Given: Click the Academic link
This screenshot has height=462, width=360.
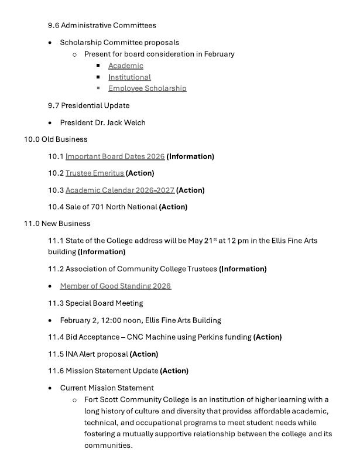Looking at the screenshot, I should [125, 66].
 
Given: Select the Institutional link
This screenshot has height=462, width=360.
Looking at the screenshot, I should [129, 77].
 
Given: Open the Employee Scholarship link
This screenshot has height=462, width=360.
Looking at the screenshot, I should [147, 88].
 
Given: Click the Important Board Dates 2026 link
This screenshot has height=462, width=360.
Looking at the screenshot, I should [115, 156].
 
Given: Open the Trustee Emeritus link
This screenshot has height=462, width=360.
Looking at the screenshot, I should [95, 173].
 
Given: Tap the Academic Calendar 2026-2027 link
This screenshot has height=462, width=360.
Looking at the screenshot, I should [120, 190].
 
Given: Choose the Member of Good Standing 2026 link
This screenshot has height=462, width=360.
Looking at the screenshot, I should [115, 286].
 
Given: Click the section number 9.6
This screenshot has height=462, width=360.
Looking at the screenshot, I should [53, 25].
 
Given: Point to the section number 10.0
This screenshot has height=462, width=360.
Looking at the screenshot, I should [32, 139].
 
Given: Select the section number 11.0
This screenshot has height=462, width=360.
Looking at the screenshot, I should [32, 224].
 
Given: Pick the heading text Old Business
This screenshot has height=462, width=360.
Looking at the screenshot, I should [64, 139].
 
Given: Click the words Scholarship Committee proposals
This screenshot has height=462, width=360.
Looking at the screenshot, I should [119, 42].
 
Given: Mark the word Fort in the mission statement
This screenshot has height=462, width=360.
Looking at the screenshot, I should [92, 400].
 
